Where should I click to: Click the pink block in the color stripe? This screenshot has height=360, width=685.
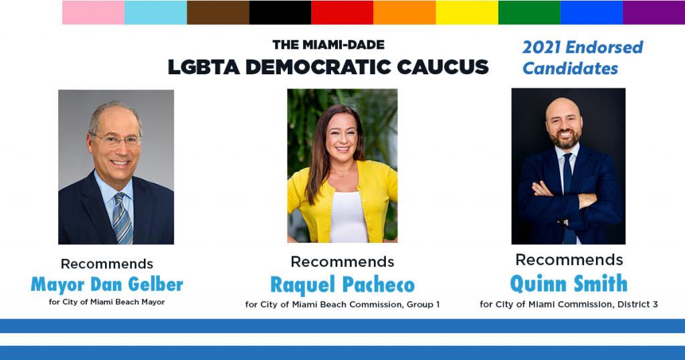[x=94, y=12]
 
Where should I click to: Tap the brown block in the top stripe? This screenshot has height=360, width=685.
[x=218, y=12]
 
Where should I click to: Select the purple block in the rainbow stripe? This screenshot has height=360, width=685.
[x=654, y=12]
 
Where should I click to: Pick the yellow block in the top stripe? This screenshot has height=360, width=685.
[x=467, y=12]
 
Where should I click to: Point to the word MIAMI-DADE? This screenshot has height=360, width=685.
[x=343, y=45]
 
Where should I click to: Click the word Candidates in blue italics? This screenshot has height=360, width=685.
[x=571, y=69]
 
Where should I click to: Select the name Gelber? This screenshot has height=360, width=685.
[x=155, y=284]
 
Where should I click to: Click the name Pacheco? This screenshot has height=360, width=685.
[x=379, y=285]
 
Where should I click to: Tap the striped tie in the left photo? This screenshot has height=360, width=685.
[x=123, y=218]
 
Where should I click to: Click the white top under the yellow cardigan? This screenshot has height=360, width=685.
[x=348, y=217]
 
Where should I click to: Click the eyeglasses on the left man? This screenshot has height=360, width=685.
[x=116, y=141]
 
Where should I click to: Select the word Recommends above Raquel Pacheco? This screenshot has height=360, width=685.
[x=342, y=262]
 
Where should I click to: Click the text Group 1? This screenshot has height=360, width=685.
[x=423, y=304]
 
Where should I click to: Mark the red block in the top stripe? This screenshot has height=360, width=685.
[x=342, y=12]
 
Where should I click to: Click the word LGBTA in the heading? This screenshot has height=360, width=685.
[x=204, y=67]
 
